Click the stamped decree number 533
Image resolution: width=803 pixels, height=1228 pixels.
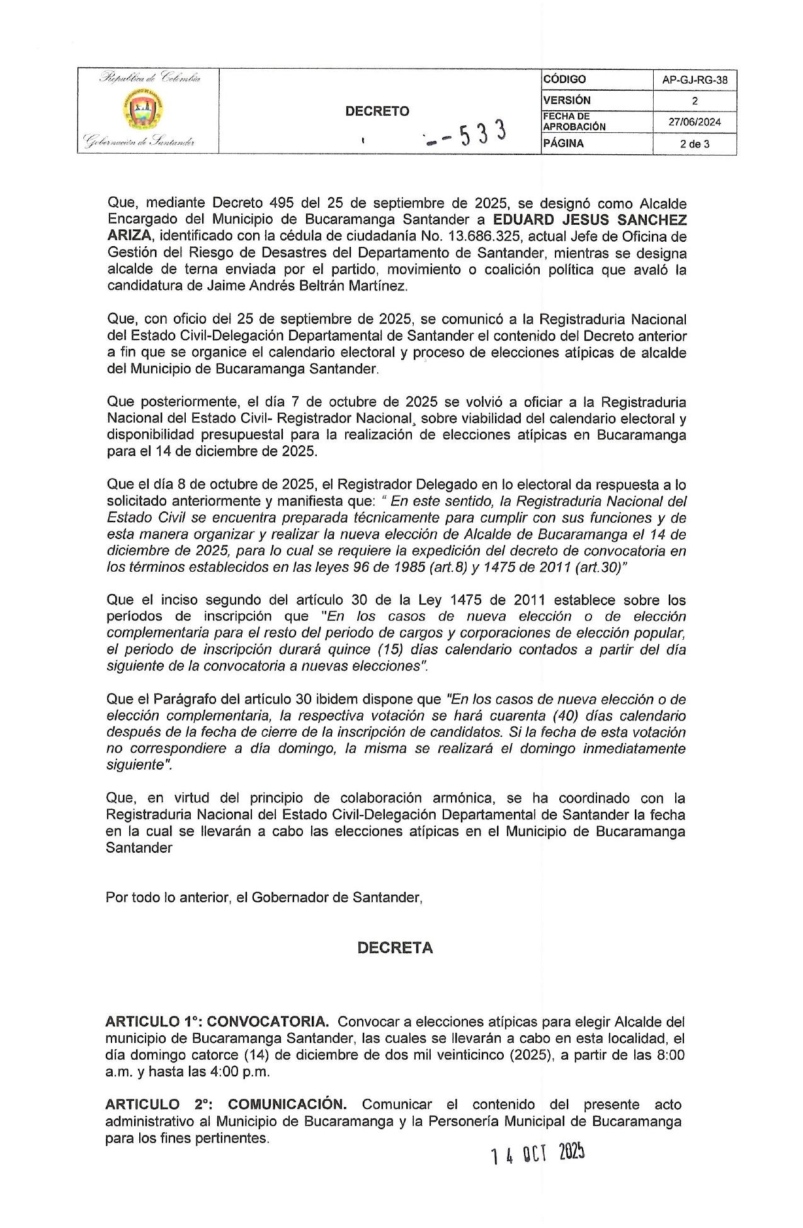[483, 133]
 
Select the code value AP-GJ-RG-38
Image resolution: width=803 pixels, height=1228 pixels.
[695, 80]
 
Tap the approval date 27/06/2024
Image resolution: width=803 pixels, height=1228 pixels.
[695, 122]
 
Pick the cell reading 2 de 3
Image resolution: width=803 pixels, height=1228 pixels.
[695, 144]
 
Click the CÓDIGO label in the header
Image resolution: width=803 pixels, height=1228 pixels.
[564, 79]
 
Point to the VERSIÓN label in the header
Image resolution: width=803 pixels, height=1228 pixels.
[567, 100]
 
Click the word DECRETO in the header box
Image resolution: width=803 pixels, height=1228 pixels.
[377, 111]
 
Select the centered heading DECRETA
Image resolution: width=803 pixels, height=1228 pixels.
[395, 948]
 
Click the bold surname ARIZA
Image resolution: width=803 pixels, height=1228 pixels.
[129, 237]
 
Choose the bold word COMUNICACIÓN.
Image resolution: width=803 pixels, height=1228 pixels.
[287, 1105]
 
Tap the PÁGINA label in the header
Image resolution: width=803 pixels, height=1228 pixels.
[563, 144]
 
